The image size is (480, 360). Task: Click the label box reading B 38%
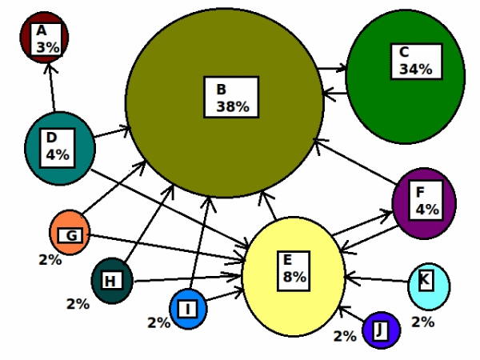[231, 97]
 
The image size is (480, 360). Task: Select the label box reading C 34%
[417, 62]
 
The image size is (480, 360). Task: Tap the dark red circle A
[44, 38]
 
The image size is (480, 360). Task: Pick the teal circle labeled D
[60, 149]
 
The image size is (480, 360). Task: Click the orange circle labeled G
[70, 232]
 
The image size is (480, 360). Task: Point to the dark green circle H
[112, 281]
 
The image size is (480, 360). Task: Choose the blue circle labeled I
[188, 309]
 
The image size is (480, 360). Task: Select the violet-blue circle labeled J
[381, 330]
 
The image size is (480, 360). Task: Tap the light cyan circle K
[429, 286]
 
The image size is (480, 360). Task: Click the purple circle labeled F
[424, 203]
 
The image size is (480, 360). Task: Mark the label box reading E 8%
[294, 271]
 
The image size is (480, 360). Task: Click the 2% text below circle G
[50, 260]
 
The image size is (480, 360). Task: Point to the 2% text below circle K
[422, 322]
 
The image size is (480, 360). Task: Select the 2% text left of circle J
[345, 336]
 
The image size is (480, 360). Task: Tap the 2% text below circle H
[78, 304]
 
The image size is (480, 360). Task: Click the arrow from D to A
[51, 87]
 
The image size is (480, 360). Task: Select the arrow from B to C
[333, 68]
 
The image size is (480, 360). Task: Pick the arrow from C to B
[335, 93]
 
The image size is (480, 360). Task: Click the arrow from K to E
[377, 279]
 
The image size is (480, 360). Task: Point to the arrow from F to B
[357, 162]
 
